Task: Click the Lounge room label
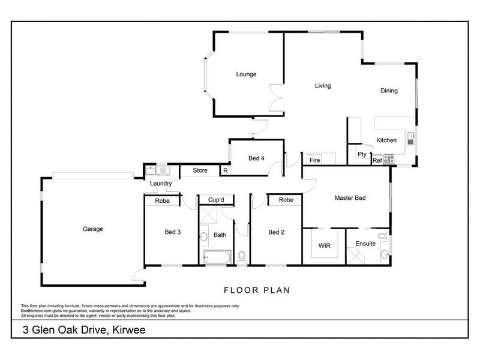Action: point(246,74)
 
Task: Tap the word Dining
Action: point(389,91)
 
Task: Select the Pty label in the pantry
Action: point(362,154)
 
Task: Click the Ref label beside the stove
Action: point(377,160)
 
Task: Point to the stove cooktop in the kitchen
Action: point(388,159)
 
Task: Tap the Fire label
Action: point(314,160)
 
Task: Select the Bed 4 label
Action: point(256,158)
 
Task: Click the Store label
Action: point(200,170)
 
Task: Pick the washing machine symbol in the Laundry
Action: point(163,170)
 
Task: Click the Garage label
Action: point(93,229)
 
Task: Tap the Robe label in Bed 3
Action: point(162,201)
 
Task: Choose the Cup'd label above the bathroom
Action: point(216,200)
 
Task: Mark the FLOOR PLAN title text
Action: point(257,290)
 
